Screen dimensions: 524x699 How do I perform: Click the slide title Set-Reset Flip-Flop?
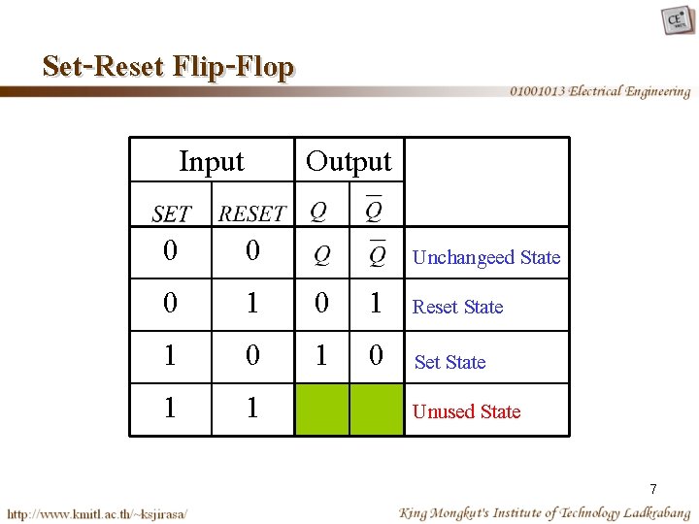point(168,66)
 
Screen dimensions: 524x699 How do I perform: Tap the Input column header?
point(212,161)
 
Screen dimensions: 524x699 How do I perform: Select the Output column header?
point(349,161)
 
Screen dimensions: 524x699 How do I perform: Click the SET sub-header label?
point(172,213)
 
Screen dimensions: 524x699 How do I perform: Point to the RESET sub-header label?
point(252,213)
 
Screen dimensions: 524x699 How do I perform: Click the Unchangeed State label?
point(485,257)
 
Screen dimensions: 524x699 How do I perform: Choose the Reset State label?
point(457,307)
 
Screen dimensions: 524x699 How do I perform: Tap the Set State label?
point(449,362)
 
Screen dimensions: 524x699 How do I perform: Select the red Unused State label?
point(466,411)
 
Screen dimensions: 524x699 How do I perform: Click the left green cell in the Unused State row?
point(322,409)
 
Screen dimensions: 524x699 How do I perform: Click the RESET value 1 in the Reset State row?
point(252,305)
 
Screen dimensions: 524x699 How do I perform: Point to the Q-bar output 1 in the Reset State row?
point(375,305)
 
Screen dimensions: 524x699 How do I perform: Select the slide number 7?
point(653,489)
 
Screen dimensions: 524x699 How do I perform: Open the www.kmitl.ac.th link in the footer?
point(97,512)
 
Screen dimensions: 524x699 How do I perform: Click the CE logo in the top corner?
point(677,20)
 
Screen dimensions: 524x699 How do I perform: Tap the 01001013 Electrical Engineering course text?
point(600,91)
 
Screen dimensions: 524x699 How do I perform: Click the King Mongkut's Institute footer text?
point(544,512)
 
